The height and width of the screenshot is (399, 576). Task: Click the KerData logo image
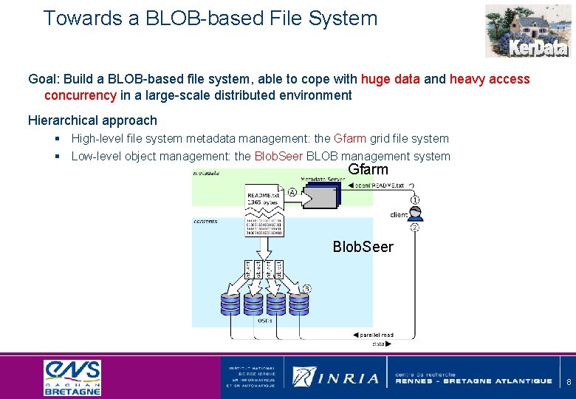[527, 30]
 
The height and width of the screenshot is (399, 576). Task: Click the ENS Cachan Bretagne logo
[72, 378]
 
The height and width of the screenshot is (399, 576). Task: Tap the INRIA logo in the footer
[336, 378]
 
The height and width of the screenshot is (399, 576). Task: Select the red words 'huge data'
[391, 79]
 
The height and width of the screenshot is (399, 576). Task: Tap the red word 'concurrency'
[80, 95]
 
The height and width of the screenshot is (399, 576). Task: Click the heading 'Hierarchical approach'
[92, 120]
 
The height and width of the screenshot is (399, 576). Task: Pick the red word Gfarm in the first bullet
[350, 138]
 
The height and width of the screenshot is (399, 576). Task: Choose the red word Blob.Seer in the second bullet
[278, 156]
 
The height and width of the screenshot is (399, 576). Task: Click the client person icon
[416, 214]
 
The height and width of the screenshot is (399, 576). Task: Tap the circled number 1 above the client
[416, 199]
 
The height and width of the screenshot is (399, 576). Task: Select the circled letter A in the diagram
[293, 191]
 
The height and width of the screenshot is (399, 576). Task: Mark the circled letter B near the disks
[307, 287]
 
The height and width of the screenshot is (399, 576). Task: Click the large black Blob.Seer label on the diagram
[363, 247]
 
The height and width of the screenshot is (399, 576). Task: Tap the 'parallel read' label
[379, 335]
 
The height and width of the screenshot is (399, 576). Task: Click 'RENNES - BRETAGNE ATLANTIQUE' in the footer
[473, 381]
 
